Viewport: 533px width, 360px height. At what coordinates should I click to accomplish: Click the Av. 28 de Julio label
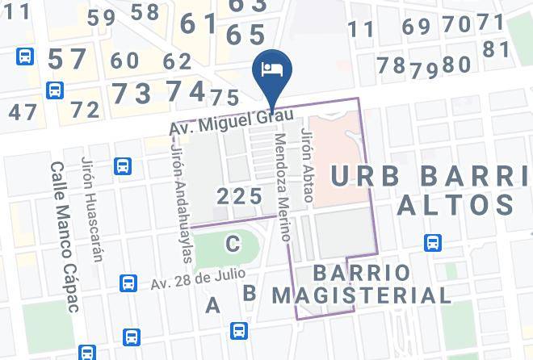187,279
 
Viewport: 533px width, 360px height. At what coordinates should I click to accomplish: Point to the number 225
241,196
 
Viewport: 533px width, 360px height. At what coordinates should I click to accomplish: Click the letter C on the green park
233,241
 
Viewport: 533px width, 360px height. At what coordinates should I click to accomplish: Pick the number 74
185,91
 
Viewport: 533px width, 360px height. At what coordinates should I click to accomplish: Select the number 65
246,35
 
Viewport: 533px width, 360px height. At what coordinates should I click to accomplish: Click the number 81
497,49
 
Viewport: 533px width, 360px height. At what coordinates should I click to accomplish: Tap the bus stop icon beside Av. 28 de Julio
128,283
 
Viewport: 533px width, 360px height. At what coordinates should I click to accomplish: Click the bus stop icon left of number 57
26,57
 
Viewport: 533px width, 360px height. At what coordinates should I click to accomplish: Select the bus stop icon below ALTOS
433,242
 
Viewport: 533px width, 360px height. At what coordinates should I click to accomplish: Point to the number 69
417,27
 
